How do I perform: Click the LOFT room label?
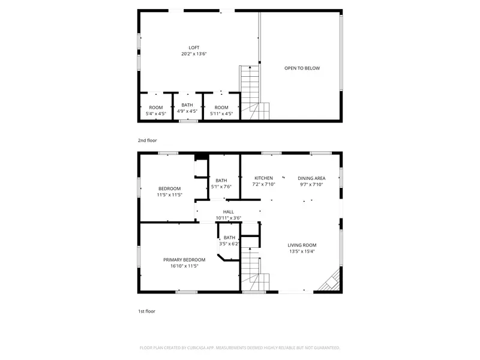(x=194, y=47)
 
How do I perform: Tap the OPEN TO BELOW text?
(x=302, y=68)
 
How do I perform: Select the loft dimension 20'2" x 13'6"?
(x=194, y=54)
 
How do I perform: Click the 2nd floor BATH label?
(x=188, y=105)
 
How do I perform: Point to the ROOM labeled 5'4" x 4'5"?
(x=156, y=107)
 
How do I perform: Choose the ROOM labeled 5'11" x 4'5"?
(x=218, y=107)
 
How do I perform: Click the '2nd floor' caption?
(x=147, y=140)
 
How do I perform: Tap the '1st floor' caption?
(x=146, y=311)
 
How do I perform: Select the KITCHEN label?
(x=263, y=178)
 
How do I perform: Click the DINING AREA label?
(x=311, y=178)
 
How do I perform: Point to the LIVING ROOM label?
(x=302, y=245)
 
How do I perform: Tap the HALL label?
(x=229, y=212)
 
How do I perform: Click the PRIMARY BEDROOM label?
(x=184, y=260)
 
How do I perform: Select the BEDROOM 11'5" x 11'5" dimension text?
(x=169, y=195)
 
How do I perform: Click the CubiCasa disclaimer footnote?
(x=239, y=347)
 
